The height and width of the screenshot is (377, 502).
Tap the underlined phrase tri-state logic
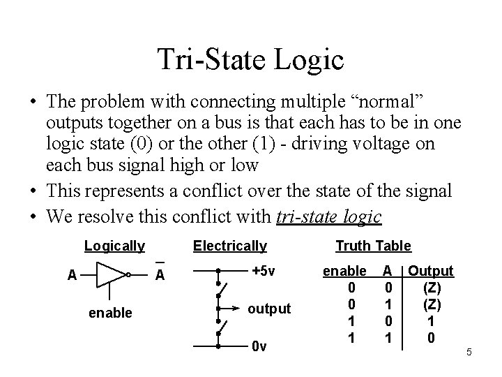click(x=328, y=217)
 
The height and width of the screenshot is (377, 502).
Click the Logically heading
click(x=114, y=246)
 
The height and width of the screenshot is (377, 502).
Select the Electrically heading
click(x=229, y=246)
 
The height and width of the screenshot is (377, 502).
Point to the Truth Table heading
click(x=373, y=246)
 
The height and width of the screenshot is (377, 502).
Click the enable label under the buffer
click(x=110, y=313)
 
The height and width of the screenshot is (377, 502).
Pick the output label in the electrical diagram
click(x=270, y=308)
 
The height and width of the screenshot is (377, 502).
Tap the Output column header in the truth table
click(x=431, y=270)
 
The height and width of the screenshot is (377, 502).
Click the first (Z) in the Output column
click(x=432, y=286)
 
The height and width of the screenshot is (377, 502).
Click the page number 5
click(x=469, y=352)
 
